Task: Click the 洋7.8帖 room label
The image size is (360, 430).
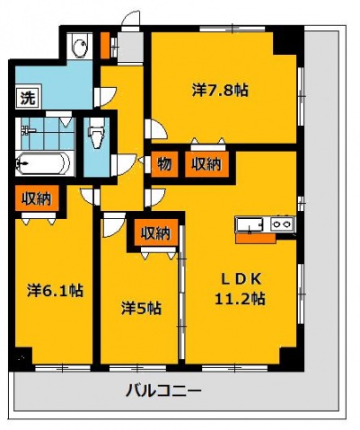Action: tap(220, 90)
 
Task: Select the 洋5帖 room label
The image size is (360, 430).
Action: tap(141, 308)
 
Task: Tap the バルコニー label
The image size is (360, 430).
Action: tap(163, 391)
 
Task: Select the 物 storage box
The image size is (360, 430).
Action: tap(164, 164)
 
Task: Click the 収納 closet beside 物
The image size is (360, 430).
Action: tap(206, 164)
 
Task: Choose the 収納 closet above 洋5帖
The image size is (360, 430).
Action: tap(155, 233)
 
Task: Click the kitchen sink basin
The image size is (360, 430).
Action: tap(251, 224)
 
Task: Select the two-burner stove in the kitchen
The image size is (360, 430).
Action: tap(281, 224)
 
